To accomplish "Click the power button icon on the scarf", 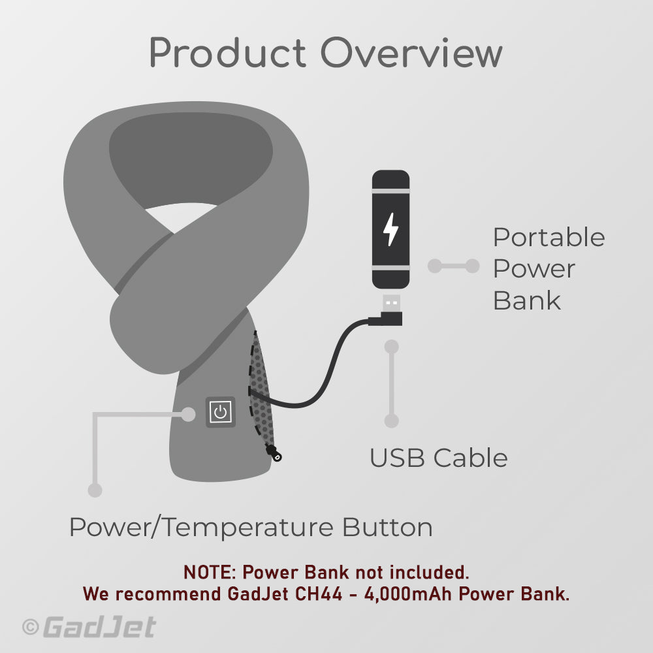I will click(221, 412).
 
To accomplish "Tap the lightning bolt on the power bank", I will click(390, 229).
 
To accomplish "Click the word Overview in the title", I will click(411, 54).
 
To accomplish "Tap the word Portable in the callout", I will click(549, 238).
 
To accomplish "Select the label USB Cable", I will click(438, 458).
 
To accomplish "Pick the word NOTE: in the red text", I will click(210, 573).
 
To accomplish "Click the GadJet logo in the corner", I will click(99, 628).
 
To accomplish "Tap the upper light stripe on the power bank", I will click(390, 191).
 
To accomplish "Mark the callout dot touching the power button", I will click(189, 413).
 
